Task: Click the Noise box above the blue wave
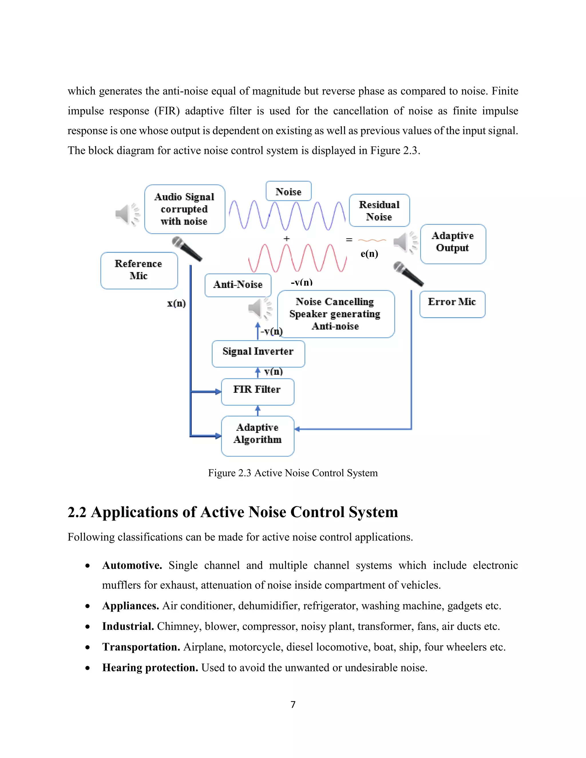288,191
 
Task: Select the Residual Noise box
379,210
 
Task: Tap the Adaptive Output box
453,244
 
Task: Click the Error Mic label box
452,304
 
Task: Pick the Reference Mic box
139,270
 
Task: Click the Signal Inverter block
258,353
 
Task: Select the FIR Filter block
258,392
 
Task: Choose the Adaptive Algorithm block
258,436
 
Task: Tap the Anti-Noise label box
238,285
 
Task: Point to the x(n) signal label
176,303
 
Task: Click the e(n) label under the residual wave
369,254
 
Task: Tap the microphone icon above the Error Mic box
408,274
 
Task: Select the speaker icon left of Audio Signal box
127,214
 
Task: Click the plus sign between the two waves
286,239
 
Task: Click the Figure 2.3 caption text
293,473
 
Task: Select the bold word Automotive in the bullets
132,565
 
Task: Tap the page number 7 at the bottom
293,704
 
